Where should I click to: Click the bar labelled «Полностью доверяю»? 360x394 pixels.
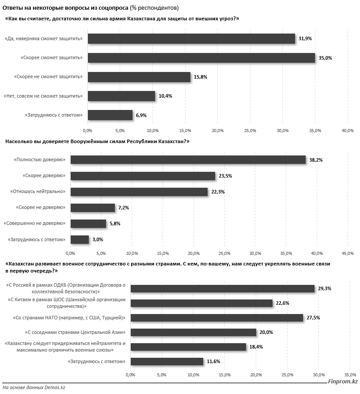(188, 160)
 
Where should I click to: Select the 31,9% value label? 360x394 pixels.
(305, 39)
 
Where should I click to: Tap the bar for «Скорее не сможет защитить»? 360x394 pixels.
(139, 77)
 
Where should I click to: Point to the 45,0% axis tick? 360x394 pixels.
(348, 254)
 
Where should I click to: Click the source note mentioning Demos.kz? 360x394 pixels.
(34, 387)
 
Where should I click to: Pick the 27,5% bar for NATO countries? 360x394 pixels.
(217, 318)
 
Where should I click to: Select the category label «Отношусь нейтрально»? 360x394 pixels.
(40, 192)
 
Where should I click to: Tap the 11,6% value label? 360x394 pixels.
(213, 362)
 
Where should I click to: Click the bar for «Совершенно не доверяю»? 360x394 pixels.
(88, 224)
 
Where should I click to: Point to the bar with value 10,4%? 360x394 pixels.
(121, 96)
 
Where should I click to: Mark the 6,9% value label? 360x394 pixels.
(141, 115)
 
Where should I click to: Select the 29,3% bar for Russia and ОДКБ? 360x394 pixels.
(223, 288)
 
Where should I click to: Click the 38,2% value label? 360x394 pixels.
(316, 160)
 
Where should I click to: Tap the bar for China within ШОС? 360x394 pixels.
(201, 303)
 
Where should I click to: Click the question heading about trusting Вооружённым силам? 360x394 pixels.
(97, 141)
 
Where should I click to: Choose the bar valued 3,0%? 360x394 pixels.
(80, 239)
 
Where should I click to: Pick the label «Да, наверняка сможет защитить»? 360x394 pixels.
(44, 39)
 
